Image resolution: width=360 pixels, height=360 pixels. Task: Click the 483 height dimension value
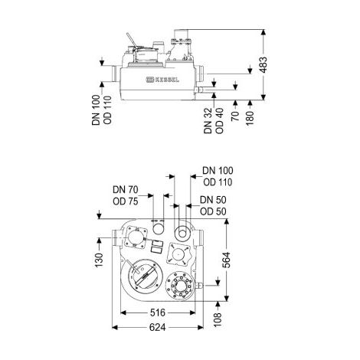[x=263, y=65]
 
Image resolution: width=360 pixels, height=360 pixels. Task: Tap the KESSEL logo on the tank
[x=162, y=80]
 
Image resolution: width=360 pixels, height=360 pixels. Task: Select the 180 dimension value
[x=250, y=118]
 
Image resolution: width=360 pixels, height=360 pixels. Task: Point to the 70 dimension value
[x=236, y=116]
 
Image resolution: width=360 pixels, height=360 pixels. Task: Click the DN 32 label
[x=208, y=120]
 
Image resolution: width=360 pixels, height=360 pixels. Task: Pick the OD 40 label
[x=219, y=120]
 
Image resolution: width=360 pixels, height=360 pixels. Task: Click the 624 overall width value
[x=158, y=327]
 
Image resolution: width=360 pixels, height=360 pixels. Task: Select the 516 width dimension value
[x=158, y=313]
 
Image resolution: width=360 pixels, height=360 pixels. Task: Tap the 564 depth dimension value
[x=226, y=260]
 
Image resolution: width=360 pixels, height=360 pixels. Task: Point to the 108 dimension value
[x=218, y=319]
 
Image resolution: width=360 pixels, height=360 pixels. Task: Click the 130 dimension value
[x=99, y=260]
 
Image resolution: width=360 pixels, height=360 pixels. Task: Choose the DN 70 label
[x=126, y=190]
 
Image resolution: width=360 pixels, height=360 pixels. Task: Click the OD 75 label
[x=126, y=201]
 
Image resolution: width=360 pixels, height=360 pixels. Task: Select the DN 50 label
[x=213, y=200]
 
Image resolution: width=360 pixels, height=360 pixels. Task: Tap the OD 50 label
[x=213, y=211]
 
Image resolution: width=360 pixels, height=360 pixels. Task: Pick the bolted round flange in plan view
[x=181, y=285]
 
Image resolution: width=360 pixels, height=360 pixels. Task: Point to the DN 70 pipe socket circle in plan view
[x=159, y=227]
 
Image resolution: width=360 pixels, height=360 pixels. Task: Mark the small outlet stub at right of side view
[x=198, y=90]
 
